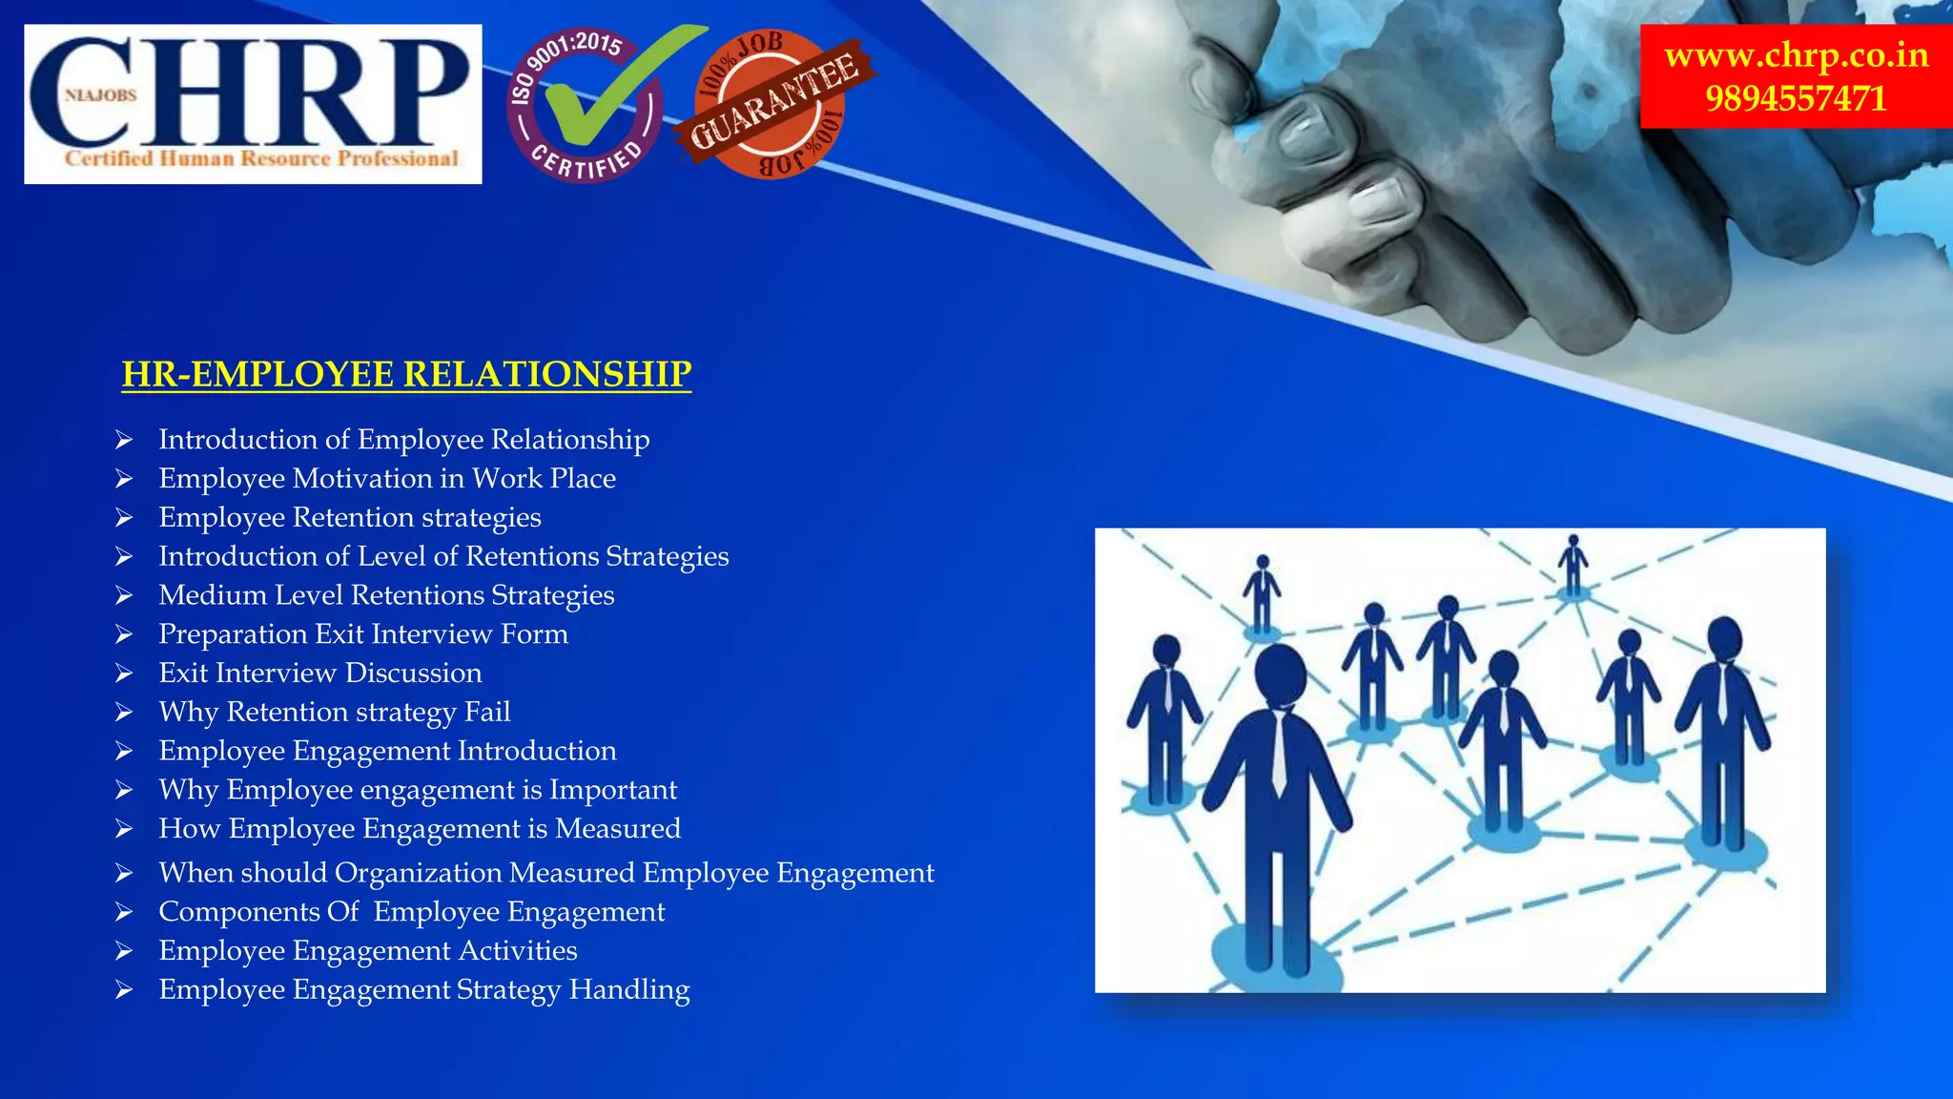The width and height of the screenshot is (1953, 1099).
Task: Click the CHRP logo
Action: (x=253, y=104)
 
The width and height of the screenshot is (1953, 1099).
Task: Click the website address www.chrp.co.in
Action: (x=1796, y=55)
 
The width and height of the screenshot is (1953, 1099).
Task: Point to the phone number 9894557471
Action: (x=1796, y=99)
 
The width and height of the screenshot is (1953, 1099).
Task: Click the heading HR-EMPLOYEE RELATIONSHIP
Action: (x=406, y=374)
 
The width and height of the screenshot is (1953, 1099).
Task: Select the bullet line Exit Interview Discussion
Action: (x=320, y=674)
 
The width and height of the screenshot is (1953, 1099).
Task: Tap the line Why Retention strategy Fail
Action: (x=335, y=713)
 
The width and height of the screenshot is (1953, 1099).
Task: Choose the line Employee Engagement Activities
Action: (x=368, y=951)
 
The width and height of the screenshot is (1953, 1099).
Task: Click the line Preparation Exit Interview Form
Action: (x=363, y=634)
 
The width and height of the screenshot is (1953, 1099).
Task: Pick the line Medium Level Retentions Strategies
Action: (x=386, y=595)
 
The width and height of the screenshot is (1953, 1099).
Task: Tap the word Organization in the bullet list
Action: (x=418, y=873)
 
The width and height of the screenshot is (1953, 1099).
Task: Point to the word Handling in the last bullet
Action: (x=629, y=990)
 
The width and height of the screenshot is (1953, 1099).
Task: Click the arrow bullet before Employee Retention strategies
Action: (x=124, y=518)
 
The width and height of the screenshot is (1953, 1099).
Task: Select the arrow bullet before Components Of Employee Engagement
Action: (x=124, y=913)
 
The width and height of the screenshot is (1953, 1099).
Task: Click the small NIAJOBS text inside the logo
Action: (x=101, y=95)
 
